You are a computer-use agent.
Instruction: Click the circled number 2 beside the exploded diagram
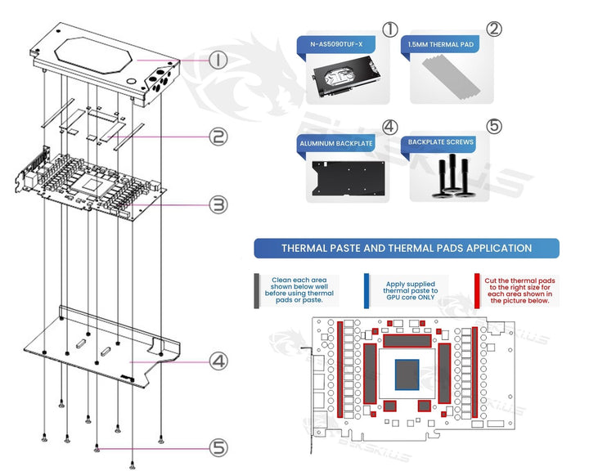click(218, 137)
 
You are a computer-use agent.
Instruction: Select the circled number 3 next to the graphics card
click(218, 204)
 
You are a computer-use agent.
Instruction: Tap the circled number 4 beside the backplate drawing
click(218, 360)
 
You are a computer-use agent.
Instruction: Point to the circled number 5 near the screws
click(218, 447)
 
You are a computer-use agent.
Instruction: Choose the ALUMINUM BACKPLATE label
click(337, 143)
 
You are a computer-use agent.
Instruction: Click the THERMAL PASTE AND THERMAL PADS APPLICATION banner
click(407, 249)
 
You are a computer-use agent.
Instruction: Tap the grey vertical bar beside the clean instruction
click(257, 289)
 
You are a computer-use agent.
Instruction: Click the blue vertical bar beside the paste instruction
click(366, 289)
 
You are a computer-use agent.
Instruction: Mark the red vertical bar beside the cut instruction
click(477, 289)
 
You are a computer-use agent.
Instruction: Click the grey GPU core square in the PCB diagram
click(408, 375)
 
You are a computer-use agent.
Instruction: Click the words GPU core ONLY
click(411, 298)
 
